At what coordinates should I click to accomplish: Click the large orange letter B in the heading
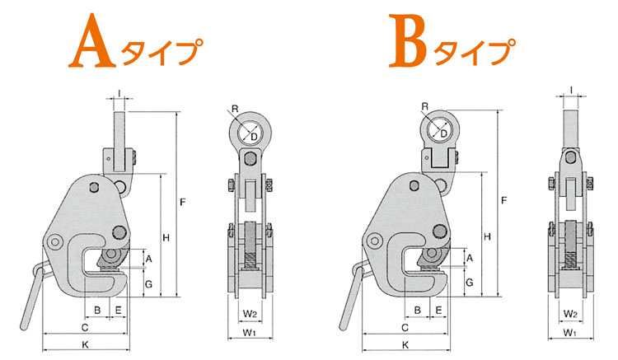pos(409,40)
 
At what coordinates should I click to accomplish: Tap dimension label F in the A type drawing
pos(182,202)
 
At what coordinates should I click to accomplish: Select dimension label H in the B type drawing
pos(488,236)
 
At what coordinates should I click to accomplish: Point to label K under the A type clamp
pos(85,345)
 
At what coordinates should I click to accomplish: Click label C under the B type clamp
pos(405,327)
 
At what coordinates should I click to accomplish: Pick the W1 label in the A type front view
pos(249,333)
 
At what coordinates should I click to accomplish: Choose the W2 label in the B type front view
pos(570,314)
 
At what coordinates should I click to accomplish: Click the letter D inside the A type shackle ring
pos(255,137)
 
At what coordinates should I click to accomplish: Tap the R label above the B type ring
pos(424,106)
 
